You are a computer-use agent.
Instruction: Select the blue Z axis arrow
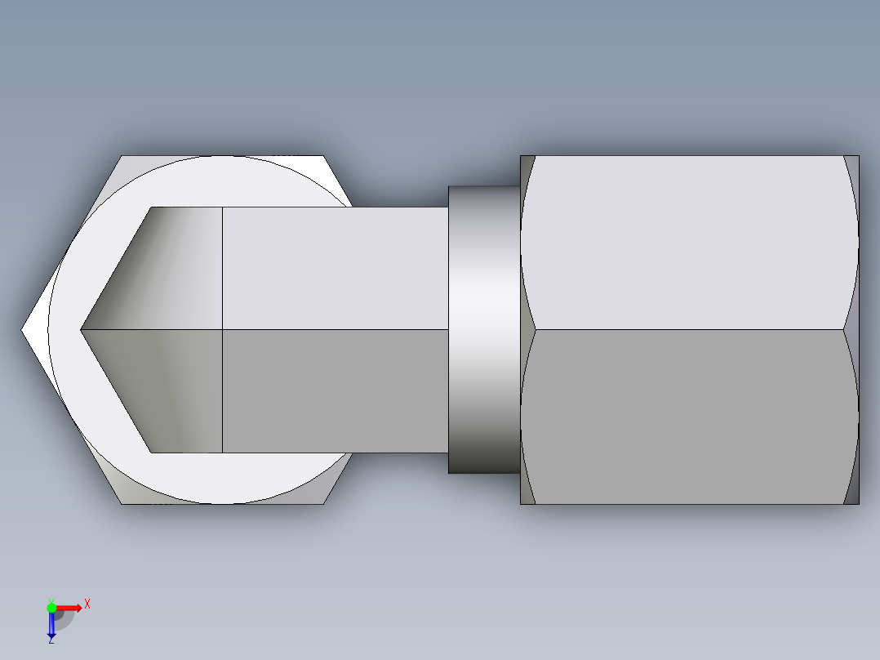tap(51, 625)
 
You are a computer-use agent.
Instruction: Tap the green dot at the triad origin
tap(51, 607)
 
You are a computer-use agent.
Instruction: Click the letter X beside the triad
tap(87, 604)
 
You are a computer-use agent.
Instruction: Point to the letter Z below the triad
tap(51, 640)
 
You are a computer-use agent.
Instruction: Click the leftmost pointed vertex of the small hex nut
tap(22, 330)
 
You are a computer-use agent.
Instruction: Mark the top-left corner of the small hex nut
tap(122, 156)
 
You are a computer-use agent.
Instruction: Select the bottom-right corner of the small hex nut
tap(324, 503)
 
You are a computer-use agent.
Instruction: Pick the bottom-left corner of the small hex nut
tap(122, 503)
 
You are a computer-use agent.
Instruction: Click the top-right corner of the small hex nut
tap(324, 156)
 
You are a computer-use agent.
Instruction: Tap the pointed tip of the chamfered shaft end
tap(81, 330)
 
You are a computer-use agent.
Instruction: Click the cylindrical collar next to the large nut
tap(483, 330)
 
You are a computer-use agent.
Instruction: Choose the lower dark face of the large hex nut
tap(690, 417)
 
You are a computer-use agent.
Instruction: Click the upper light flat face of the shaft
tap(335, 268)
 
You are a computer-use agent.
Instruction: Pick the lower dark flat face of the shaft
tap(335, 390)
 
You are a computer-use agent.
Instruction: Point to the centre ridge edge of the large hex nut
tap(690, 330)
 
